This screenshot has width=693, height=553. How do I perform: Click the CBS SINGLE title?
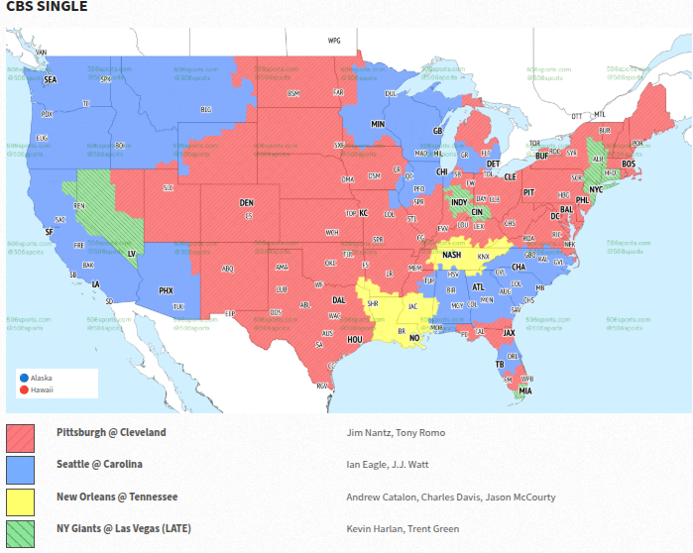click(x=47, y=7)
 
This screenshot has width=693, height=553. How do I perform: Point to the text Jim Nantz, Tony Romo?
click(x=396, y=433)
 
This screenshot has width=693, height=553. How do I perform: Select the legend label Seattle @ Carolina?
click(x=99, y=465)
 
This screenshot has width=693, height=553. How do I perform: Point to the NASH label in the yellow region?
click(x=452, y=255)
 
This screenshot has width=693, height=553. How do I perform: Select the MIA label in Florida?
click(x=524, y=391)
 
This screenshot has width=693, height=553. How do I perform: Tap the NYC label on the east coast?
click(x=596, y=189)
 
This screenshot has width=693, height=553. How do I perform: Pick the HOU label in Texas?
click(x=354, y=339)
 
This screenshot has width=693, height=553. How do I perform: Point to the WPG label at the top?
click(x=334, y=41)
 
